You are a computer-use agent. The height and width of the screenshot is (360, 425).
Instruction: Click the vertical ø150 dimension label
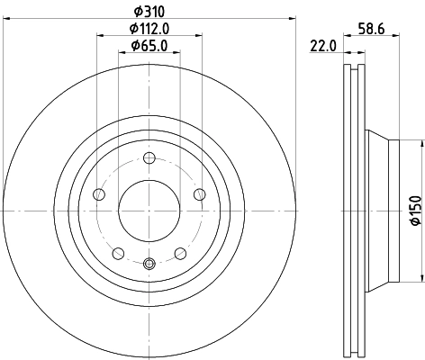(x=415, y=210)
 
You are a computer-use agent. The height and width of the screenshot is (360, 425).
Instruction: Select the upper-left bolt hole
(x=99, y=194)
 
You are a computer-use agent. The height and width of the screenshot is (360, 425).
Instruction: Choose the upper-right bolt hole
(x=200, y=194)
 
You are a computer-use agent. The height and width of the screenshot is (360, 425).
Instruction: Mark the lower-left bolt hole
(x=118, y=254)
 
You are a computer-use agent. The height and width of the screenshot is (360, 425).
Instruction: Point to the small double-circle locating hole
(x=149, y=264)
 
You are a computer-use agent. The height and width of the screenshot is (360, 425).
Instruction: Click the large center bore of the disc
(x=149, y=211)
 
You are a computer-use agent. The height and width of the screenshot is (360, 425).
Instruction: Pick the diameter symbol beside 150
(x=415, y=229)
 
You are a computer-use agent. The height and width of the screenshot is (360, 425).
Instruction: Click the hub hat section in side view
(x=383, y=210)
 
